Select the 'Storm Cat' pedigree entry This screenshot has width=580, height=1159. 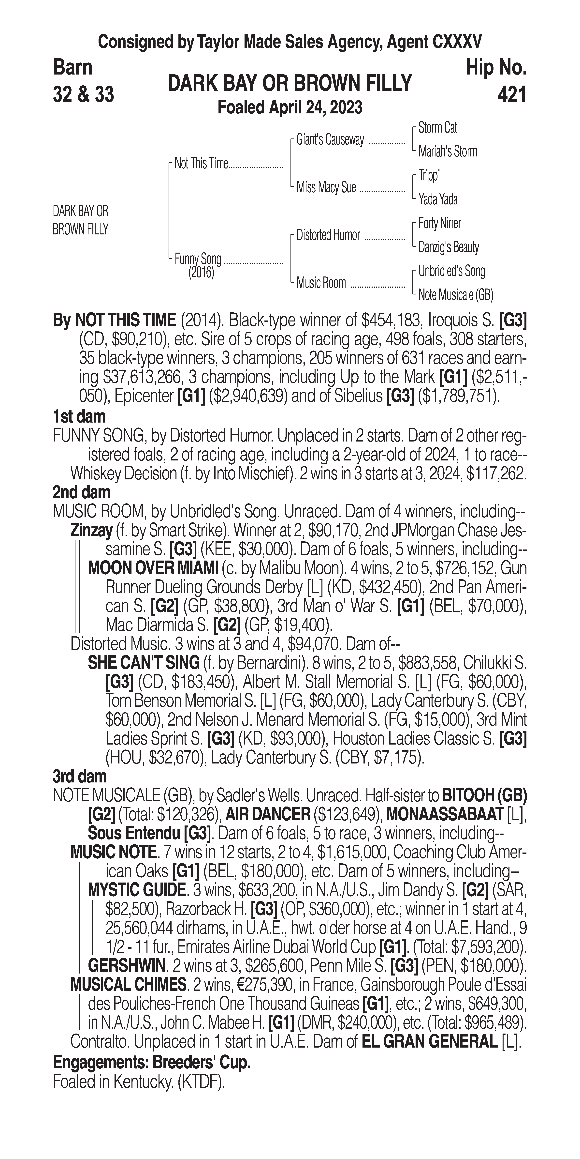(x=437, y=128)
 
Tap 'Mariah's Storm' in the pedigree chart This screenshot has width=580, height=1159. (x=447, y=152)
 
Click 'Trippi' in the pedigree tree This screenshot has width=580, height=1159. (x=429, y=175)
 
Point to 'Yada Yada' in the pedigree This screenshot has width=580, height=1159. (x=438, y=199)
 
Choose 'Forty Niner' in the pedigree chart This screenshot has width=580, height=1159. (x=439, y=223)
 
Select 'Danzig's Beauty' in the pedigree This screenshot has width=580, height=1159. (x=448, y=247)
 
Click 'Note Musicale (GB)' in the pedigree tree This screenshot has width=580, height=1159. (x=455, y=295)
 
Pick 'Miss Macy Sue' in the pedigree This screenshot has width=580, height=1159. (x=326, y=187)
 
